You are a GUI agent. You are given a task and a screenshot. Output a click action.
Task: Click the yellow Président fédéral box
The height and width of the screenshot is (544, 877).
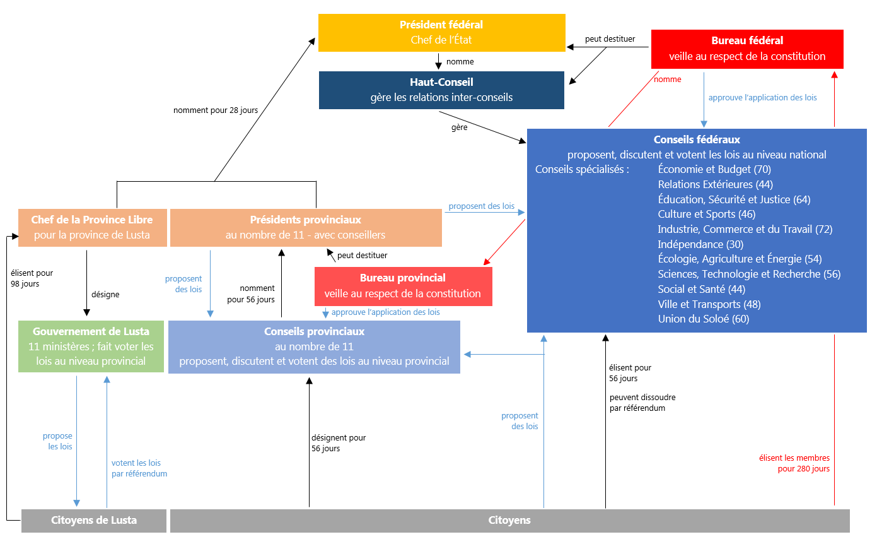click(x=441, y=32)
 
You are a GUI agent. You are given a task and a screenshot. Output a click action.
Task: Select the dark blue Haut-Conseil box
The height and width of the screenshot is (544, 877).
click(x=441, y=90)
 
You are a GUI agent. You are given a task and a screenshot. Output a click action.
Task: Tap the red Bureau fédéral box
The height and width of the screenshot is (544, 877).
click(x=747, y=49)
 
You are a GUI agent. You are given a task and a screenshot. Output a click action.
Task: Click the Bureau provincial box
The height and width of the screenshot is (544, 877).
click(x=403, y=286)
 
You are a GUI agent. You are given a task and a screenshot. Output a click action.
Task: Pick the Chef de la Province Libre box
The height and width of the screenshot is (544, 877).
click(x=92, y=227)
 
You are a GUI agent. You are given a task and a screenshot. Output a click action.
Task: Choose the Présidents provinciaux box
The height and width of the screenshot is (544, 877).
click(x=306, y=227)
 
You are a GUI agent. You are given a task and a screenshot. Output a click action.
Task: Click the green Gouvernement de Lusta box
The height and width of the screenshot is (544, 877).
click(x=91, y=346)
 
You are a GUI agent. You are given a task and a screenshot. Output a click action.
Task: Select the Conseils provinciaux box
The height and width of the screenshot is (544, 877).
click(x=314, y=346)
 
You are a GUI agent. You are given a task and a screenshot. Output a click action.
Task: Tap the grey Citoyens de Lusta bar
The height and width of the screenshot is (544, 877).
click(x=94, y=521)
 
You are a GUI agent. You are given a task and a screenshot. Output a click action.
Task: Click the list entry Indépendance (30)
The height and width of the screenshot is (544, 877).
click(x=690, y=244)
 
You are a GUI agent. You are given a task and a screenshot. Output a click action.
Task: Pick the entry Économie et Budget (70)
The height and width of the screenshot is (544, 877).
click(x=714, y=169)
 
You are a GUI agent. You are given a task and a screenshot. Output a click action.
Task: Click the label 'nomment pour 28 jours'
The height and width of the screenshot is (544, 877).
click(x=216, y=110)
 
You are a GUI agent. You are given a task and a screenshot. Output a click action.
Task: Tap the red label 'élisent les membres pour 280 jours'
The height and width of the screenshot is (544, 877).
click(x=794, y=463)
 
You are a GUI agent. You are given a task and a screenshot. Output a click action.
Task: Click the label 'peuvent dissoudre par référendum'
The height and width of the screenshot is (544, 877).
click(x=642, y=403)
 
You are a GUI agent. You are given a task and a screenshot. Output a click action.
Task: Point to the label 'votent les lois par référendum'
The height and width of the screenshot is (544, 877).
click(x=139, y=468)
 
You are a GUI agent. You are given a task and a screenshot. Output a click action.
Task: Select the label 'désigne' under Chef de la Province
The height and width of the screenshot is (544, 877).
click(x=105, y=294)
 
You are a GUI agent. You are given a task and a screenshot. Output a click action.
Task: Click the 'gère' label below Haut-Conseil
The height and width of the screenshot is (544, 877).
click(x=459, y=127)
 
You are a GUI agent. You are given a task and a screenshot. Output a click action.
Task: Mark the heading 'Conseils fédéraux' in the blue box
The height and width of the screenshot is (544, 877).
click(x=697, y=139)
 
